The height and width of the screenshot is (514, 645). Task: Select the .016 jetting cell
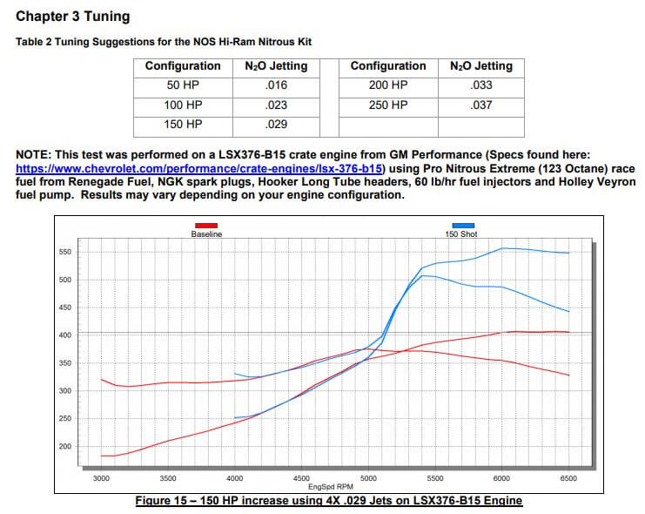(x=275, y=85)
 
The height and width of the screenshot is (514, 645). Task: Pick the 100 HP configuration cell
(x=183, y=105)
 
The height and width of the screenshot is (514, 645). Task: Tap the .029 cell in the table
(x=275, y=125)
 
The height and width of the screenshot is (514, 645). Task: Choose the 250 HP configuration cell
(x=388, y=105)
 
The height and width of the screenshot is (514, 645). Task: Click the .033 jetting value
(x=480, y=85)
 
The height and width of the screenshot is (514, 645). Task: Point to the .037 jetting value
(x=480, y=105)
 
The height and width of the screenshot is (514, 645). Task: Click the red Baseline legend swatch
(x=206, y=227)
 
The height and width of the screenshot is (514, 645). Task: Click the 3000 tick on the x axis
(x=102, y=477)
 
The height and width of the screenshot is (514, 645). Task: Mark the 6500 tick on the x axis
(x=568, y=477)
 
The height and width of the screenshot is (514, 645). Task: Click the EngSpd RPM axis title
(x=334, y=487)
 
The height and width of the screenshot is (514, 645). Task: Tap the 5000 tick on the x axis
(x=368, y=477)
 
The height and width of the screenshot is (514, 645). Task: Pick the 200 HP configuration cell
(x=388, y=85)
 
